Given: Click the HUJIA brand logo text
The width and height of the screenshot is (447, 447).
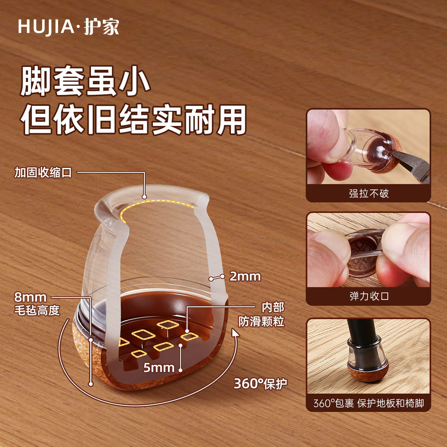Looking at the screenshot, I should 68,27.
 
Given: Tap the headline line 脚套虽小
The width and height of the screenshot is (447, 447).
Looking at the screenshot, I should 85,82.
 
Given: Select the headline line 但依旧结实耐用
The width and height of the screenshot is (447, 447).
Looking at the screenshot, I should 133,120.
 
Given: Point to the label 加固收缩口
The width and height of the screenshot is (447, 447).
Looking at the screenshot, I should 43,173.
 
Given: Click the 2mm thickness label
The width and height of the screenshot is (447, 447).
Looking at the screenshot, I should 245,276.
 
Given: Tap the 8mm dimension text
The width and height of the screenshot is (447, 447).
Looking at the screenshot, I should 30,297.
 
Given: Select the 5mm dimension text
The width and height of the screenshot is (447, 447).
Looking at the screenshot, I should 159,368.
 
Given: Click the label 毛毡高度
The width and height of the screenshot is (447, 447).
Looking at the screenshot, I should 37,310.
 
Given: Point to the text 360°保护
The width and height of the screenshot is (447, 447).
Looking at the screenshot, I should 260,384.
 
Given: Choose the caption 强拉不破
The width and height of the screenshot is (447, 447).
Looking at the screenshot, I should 368,193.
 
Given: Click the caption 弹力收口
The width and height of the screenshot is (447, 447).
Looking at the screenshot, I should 368,296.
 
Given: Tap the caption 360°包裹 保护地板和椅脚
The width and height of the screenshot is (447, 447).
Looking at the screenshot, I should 368,403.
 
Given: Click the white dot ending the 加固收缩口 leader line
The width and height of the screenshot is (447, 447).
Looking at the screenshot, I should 144,196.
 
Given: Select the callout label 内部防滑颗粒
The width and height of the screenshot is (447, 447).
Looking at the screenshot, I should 261,314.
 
